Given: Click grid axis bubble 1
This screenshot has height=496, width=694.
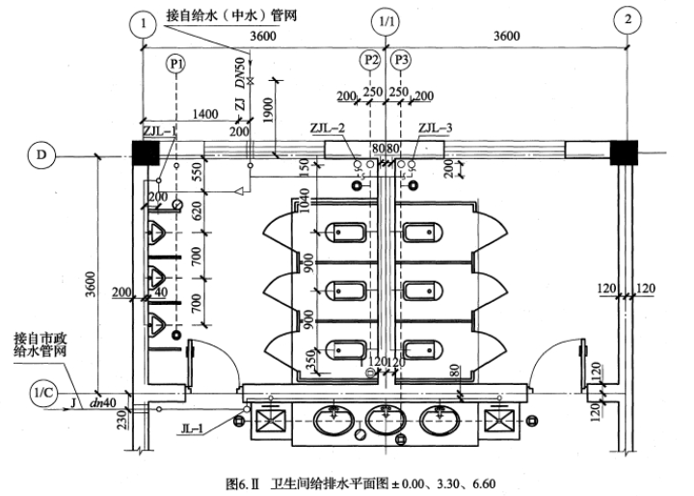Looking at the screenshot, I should coord(143,20).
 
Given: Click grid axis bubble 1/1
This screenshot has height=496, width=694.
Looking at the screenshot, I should coord(386,20).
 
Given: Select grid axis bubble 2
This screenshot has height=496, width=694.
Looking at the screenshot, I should coord(628,20).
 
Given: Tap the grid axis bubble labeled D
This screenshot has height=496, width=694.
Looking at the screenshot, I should coord(40,153).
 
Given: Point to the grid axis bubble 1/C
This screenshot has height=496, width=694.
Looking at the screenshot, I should coord(41,395).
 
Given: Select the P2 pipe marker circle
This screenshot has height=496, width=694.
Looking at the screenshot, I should coord(371,60).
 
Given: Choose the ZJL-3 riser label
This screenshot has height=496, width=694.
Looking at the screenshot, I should coord(439,127).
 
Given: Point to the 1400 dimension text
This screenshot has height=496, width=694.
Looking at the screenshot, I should coord(204,114).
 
